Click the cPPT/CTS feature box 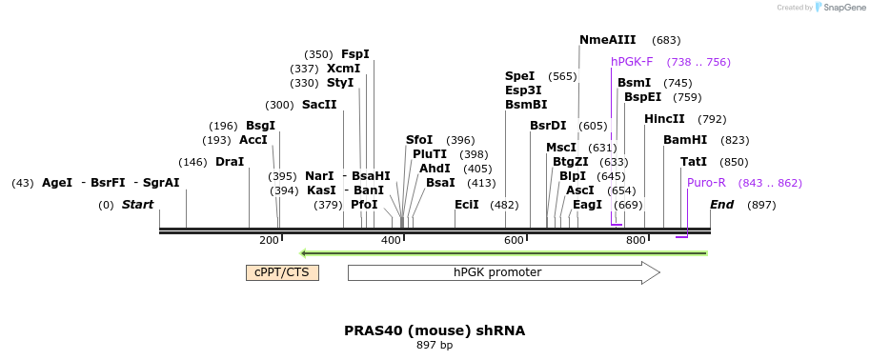[282, 272]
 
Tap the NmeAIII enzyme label [608, 40]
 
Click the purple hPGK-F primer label [632, 62]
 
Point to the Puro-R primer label [706, 183]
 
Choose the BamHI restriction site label [685, 140]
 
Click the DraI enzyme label [230, 162]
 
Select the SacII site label [319, 105]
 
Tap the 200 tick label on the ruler [269, 240]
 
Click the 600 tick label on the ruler [514, 240]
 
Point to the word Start [137, 205]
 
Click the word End [722, 205]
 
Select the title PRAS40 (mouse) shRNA [435, 330]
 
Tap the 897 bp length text [435, 346]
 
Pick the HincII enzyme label [664, 119]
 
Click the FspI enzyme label [355, 53]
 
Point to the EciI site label [467, 205]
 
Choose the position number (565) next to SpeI [562, 76]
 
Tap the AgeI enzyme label [57, 183]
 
